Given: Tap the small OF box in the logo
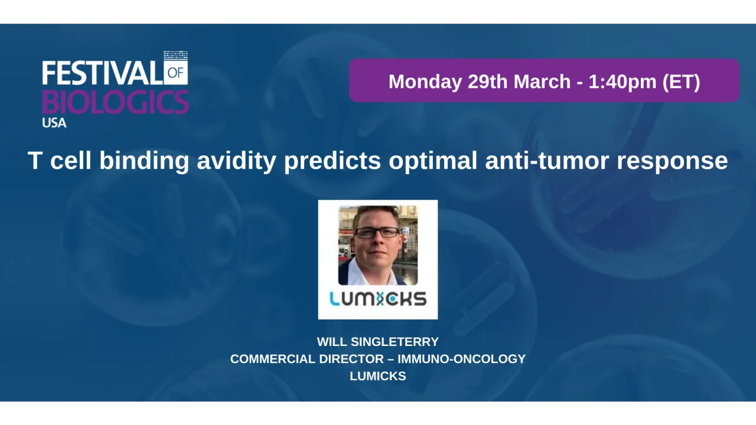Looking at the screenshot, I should coord(177,73).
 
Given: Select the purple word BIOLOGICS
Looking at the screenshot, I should coord(115,102).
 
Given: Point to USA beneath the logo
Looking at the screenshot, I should coord(54,123).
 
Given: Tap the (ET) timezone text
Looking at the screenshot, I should coord(681,81).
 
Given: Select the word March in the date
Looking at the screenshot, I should coord(542,81).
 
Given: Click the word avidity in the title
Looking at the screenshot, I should coord(236,161).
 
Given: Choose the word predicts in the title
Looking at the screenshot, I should coord(332,161).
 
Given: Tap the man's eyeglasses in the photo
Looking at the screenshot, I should coord(376,233).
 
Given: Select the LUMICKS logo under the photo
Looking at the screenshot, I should coord(378,299).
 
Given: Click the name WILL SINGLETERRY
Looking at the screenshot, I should coord(378,342).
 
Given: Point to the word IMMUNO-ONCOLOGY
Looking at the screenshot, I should coord(461,359).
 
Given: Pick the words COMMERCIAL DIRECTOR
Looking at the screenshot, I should coord(307,359).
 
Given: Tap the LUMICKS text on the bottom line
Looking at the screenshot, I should coord(378,376).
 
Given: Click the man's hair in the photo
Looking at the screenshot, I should coord(376,213).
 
